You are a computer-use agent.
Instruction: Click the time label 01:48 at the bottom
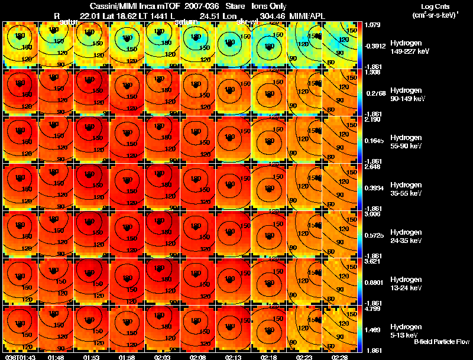56,357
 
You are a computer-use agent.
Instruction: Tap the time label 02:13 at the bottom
233,357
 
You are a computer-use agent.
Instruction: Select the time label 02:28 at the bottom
339,357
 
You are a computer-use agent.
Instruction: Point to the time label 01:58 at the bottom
127,357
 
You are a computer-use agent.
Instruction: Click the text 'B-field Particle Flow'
441,342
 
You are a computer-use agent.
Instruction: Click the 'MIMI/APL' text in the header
307,15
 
